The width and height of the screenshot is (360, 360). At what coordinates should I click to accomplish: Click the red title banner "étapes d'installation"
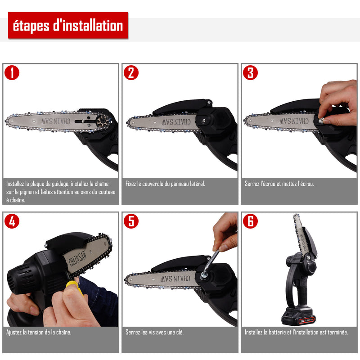(x=68, y=25)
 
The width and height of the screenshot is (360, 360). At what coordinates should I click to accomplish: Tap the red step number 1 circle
(x=12, y=73)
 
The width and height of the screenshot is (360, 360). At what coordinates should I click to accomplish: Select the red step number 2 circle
(x=131, y=73)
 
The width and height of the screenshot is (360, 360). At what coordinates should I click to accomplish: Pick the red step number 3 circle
(x=250, y=73)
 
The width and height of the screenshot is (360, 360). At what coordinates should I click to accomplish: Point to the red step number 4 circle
(x=12, y=221)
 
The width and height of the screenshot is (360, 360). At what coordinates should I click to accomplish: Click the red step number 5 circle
(x=131, y=221)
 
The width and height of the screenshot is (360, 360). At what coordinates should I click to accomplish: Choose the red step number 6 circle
(x=250, y=221)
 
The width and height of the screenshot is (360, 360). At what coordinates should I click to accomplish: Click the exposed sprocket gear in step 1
(x=102, y=121)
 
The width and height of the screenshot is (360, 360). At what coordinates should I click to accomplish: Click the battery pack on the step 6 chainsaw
(x=298, y=317)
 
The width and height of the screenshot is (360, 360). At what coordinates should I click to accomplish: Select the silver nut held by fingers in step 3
(x=321, y=120)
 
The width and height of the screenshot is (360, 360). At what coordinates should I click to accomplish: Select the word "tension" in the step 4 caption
(x=36, y=332)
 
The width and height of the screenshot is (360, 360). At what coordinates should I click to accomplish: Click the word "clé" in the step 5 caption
(x=180, y=332)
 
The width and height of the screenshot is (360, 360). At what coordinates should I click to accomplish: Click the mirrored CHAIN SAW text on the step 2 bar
(x=176, y=122)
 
